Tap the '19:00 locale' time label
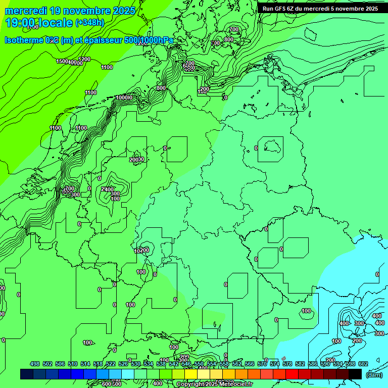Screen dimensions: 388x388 [x=38, y=23]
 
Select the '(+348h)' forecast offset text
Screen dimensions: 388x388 [x=89, y=23]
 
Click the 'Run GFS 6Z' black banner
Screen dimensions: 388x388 [x=320, y=9]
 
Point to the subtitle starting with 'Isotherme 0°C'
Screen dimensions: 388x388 [x=88, y=40]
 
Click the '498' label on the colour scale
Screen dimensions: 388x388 [x=35, y=364]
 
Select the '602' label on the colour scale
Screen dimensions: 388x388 [x=363, y=364]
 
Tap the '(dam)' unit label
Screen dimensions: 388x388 [x=374, y=374]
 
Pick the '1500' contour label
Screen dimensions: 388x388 [x=62, y=61]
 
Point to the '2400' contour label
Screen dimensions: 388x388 [x=107, y=189]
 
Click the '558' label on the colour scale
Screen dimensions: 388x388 [x=224, y=364]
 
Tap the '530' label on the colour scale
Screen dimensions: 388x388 [x=136, y=364]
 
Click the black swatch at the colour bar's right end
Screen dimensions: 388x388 [x=355, y=374]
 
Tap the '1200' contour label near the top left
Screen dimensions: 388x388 [x=84, y=59]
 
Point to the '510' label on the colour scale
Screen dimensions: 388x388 [x=73, y=364]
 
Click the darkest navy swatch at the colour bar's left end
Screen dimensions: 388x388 [x=27, y=374]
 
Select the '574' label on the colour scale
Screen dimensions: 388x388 [x=275, y=364]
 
